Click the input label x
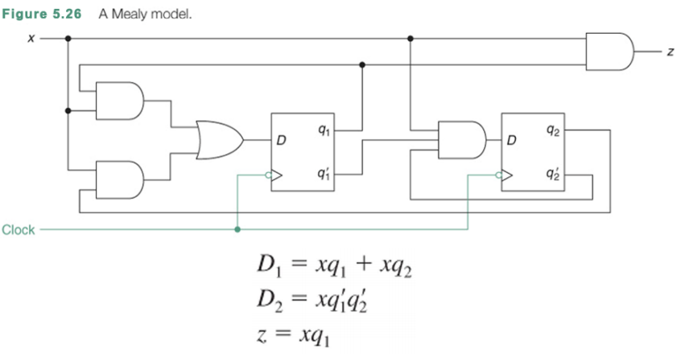point(30,38)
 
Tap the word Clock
point(19,230)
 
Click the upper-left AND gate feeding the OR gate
point(119,100)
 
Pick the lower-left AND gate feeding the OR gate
point(119,180)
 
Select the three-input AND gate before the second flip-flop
point(461,139)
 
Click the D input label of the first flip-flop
point(281,141)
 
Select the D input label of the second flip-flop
point(510,141)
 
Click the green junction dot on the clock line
point(237,230)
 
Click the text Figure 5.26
point(45,14)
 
